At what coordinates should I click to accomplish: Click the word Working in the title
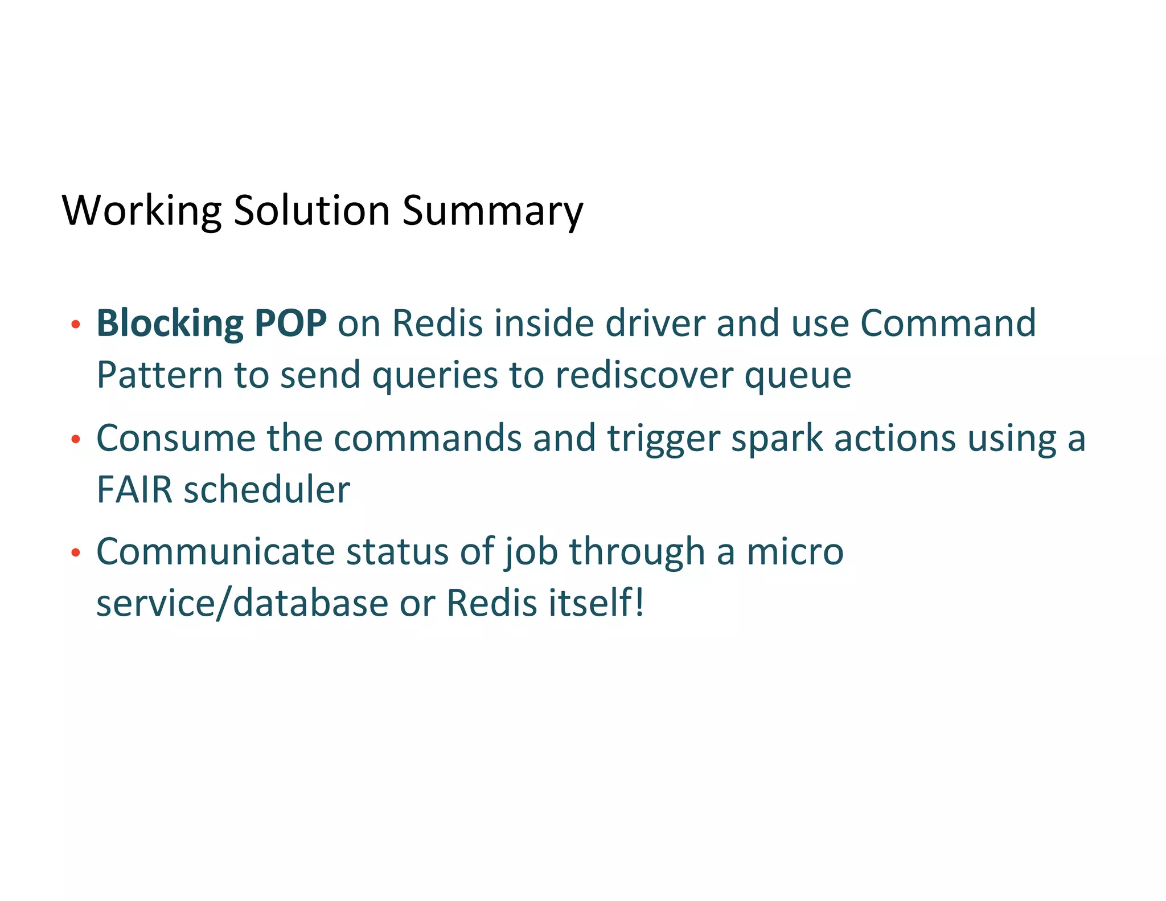(x=141, y=211)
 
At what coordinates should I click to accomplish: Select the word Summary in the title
(x=492, y=211)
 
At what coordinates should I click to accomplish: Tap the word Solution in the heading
(x=311, y=211)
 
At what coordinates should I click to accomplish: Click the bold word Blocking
(x=170, y=323)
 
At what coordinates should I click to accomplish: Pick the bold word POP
(x=290, y=323)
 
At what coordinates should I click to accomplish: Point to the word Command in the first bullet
(x=947, y=323)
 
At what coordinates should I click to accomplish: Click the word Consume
(x=176, y=438)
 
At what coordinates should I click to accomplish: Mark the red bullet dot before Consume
(x=75, y=440)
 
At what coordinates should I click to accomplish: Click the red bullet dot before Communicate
(x=75, y=553)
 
